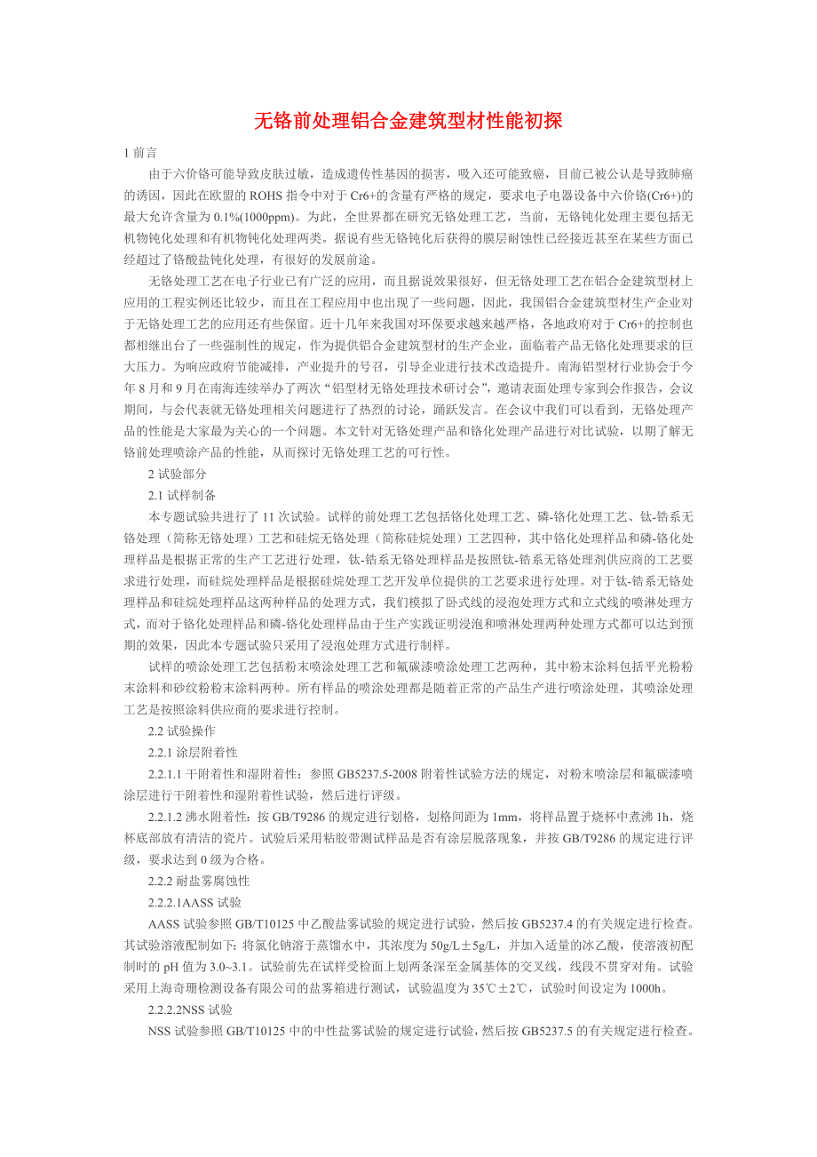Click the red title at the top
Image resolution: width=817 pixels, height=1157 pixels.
tap(408, 121)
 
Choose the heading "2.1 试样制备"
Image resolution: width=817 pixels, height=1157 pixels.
tap(182, 495)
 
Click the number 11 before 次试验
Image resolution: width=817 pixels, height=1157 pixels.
tap(269, 516)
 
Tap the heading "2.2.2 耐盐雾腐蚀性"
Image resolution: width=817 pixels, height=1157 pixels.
tap(199, 881)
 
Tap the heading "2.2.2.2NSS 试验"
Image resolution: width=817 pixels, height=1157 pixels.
tap(190, 1009)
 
